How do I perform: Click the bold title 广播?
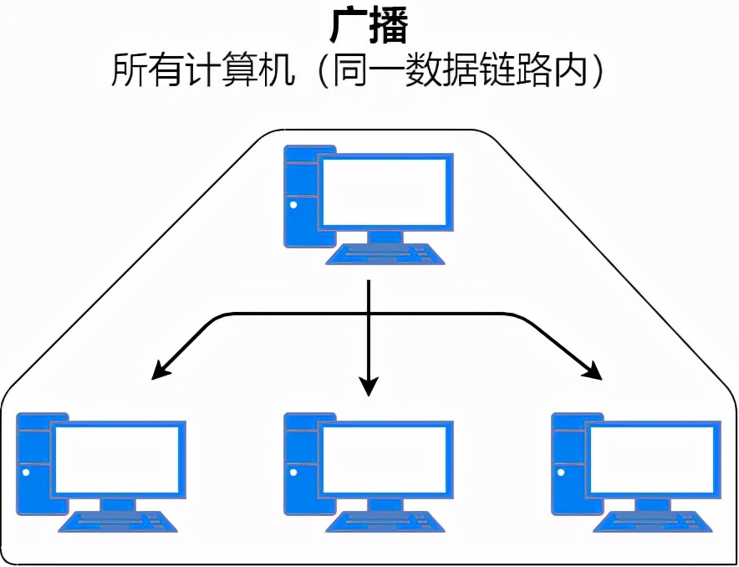369,28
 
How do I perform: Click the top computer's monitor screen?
385,191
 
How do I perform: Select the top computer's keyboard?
385,253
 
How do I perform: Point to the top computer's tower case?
298,197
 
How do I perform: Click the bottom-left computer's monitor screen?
117,458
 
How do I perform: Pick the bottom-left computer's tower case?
32,464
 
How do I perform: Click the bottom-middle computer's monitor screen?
385,458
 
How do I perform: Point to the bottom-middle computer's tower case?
298,464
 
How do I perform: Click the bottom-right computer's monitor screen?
652,458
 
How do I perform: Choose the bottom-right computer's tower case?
567,464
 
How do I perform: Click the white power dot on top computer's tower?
293,203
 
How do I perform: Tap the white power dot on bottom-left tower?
25,471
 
